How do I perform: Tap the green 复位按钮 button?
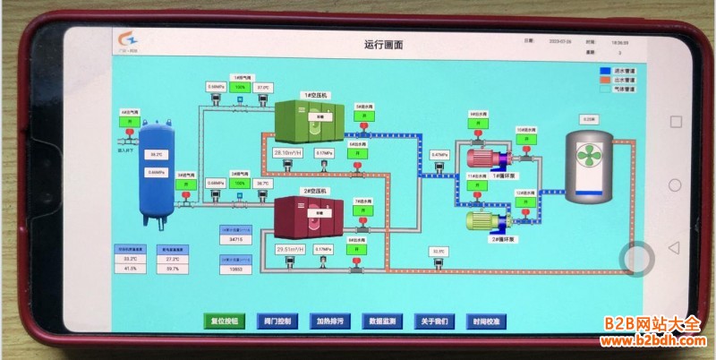(223, 321)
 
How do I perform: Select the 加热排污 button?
(328, 321)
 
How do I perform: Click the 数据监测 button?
(382, 321)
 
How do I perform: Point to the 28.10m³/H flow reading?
(289, 154)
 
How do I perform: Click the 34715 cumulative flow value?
(236, 240)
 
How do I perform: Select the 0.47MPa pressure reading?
(439, 155)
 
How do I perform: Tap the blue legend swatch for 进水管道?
(605, 70)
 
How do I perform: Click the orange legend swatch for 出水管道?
(605, 80)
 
